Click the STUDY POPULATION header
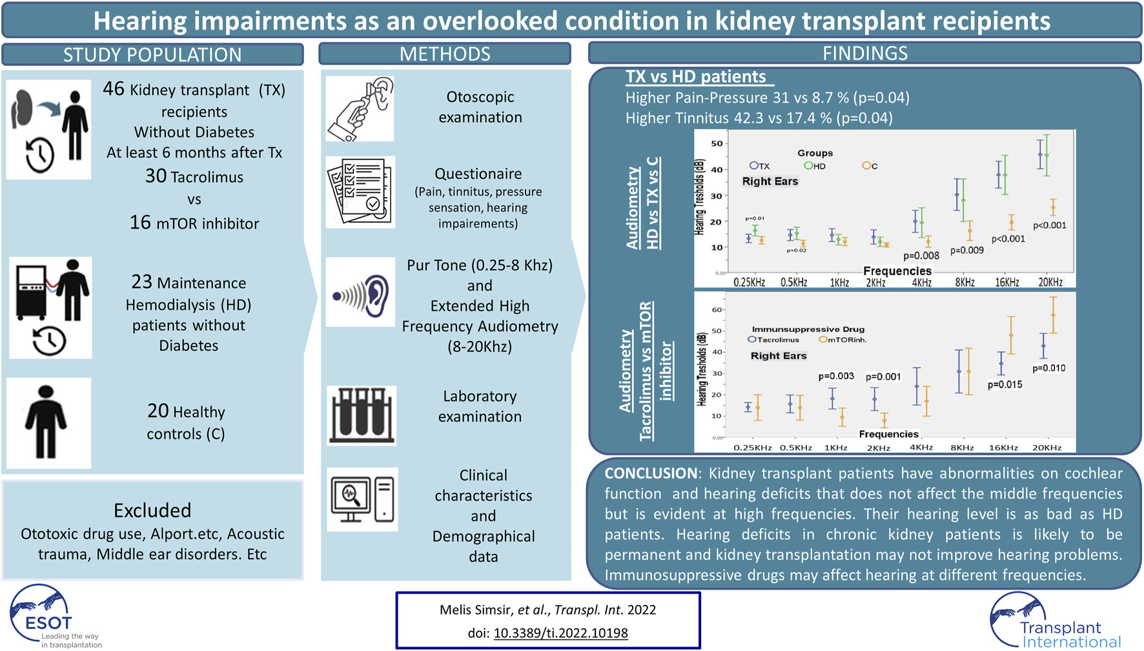click(152, 54)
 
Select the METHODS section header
click(445, 54)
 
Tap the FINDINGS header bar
click(865, 53)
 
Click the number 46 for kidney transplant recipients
click(114, 88)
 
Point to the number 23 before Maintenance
click(141, 282)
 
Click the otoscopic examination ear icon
click(360, 108)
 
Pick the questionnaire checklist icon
click(360, 192)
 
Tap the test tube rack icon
click(362, 415)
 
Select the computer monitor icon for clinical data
click(362, 499)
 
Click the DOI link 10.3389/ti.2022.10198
click(560, 633)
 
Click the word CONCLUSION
click(651, 473)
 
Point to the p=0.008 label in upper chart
click(921, 256)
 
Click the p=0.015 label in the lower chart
click(1005, 384)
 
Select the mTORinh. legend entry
click(843, 340)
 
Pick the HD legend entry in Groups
click(815, 166)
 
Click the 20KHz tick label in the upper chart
click(1050, 282)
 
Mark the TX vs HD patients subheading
click(696, 76)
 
